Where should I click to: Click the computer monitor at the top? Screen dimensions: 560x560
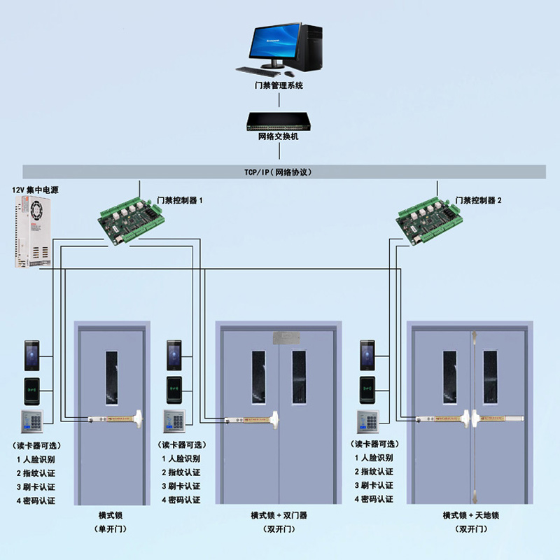(x=275, y=43)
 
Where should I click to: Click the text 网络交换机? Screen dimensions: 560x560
(x=279, y=136)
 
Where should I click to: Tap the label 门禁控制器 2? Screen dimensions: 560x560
(x=479, y=200)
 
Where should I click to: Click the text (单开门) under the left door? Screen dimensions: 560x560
(x=112, y=528)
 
